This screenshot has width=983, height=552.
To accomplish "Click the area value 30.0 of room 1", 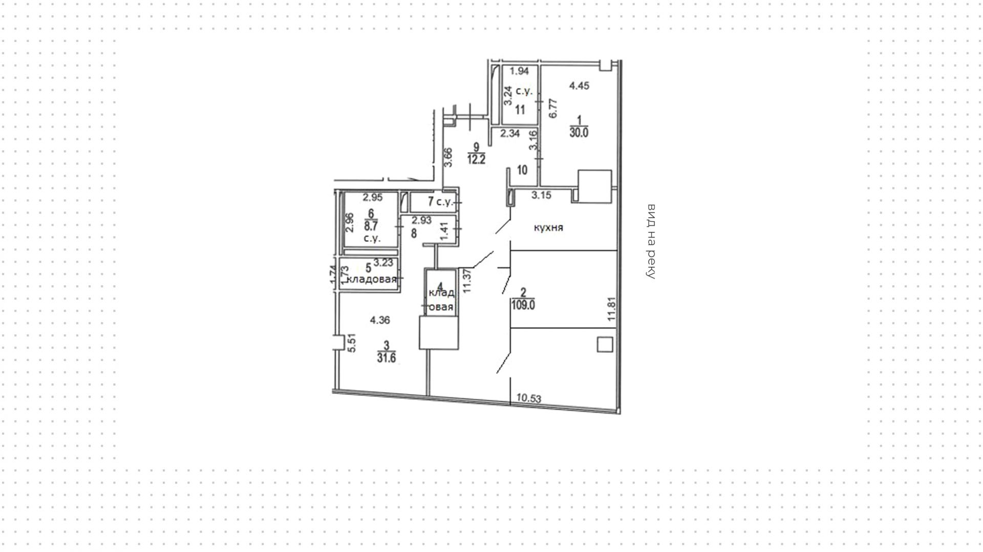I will click(x=579, y=133).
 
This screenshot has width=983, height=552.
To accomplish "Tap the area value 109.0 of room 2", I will click(x=523, y=305).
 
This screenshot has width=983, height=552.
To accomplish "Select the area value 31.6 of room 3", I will click(x=387, y=357).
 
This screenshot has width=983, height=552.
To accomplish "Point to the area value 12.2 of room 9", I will click(x=476, y=159).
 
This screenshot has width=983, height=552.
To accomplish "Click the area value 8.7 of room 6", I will click(x=371, y=225).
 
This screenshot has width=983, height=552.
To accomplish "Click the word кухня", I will click(x=548, y=227).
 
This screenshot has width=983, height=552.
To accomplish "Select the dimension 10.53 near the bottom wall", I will click(x=529, y=397).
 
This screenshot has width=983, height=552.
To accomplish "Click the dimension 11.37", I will click(x=467, y=281).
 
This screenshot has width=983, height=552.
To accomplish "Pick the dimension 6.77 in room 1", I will click(x=552, y=108).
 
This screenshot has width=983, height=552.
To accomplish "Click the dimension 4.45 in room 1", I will click(x=579, y=86).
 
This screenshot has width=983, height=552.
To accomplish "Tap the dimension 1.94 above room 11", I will click(x=519, y=71).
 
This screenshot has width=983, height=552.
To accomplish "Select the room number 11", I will click(x=520, y=110).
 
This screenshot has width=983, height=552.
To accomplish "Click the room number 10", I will click(x=522, y=170).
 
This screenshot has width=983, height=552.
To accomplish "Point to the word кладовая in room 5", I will click(x=372, y=279).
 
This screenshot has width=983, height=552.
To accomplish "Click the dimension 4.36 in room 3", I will click(x=380, y=321).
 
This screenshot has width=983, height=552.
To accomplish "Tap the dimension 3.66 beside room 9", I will click(x=448, y=157).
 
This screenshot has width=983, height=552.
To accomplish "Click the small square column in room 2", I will click(x=605, y=344).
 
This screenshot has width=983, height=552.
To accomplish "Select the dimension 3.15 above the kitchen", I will click(x=541, y=195).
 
